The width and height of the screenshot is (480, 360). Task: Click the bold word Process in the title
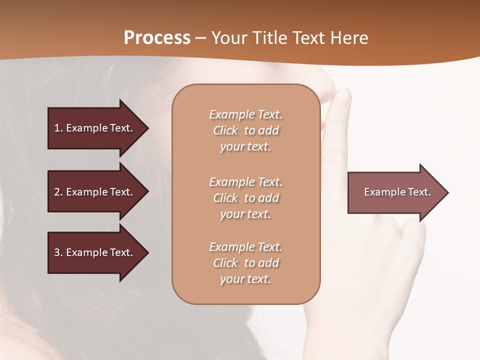coord(157,38)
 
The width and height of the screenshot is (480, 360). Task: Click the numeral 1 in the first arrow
coord(57,128)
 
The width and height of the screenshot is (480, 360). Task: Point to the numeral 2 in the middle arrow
coord(57,192)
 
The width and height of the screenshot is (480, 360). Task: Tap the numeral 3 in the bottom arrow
coord(57,252)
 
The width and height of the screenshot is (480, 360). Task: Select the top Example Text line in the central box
coord(245,114)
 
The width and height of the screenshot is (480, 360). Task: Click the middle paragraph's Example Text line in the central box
coord(245,182)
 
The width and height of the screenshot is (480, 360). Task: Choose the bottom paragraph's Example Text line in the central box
coord(245,247)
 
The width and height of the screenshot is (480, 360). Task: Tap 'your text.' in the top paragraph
coord(245,147)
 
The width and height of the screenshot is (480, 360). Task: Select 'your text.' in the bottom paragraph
coord(245,279)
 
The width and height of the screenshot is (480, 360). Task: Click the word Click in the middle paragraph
coord(225,198)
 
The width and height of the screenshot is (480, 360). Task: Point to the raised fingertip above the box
coord(343,96)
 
